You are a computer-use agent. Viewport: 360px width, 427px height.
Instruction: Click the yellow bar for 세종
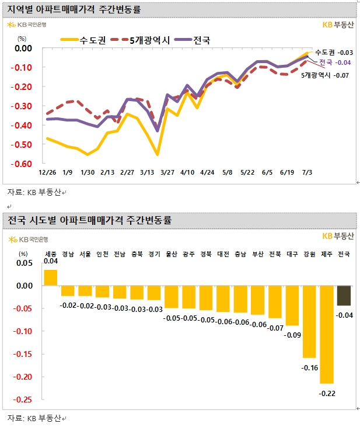51,277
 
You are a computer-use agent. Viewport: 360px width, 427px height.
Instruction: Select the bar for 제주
326,334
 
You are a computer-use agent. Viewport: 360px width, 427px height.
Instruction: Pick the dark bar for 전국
344,296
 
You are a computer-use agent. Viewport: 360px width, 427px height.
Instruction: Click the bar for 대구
292,306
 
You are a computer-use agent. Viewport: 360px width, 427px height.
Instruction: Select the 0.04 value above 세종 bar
51,262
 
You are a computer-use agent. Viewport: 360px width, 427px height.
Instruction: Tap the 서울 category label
85,254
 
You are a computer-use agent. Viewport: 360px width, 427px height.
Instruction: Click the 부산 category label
257,254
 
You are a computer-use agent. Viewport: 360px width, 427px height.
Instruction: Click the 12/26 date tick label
47,173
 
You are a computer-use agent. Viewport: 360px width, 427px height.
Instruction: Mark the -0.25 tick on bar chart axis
23,400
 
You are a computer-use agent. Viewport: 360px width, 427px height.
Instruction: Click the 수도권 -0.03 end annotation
333,53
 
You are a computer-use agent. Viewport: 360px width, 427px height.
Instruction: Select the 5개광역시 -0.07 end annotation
325,75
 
